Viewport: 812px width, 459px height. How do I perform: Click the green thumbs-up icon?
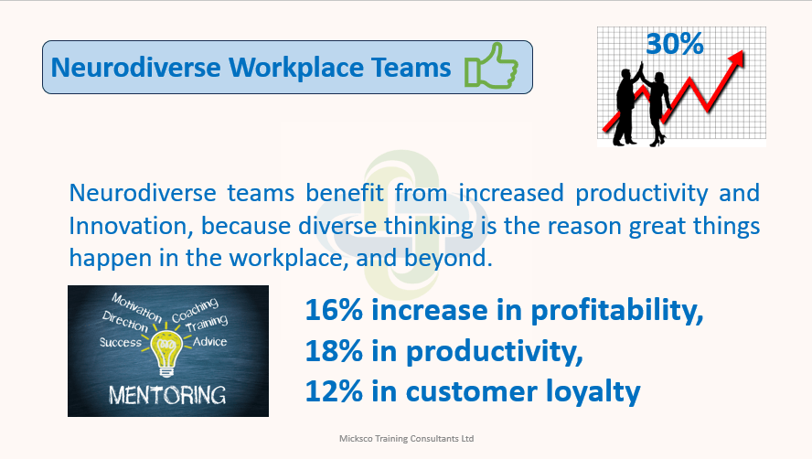click(491, 66)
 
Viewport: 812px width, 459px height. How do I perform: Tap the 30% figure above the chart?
click(675, 44)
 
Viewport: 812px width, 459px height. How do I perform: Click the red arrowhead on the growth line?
click(736, 58)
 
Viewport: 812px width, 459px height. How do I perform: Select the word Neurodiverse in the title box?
click(135, 68)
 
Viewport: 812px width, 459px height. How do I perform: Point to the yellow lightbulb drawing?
click(166, 352)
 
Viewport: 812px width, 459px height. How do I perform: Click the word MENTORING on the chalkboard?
click(167, 395)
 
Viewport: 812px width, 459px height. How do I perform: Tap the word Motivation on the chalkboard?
click(137, 306)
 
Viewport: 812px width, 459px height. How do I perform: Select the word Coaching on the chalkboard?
click(196, 310)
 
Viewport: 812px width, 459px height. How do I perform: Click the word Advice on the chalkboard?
click(209, 342)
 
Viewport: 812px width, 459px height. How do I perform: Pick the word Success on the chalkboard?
click(120, 343)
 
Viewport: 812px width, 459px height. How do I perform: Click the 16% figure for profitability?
click(334, 310)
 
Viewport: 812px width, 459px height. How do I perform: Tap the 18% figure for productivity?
click(334, 351)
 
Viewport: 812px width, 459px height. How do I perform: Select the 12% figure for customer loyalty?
click(334, 391)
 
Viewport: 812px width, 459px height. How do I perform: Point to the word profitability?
click(616, 311)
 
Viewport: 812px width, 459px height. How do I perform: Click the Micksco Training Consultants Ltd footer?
click(407, 438)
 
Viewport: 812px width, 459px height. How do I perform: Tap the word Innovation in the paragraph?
click(131, 227)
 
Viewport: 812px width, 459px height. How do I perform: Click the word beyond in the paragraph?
click(448, 259)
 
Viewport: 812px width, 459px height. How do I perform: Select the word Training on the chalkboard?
click(207, 324)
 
